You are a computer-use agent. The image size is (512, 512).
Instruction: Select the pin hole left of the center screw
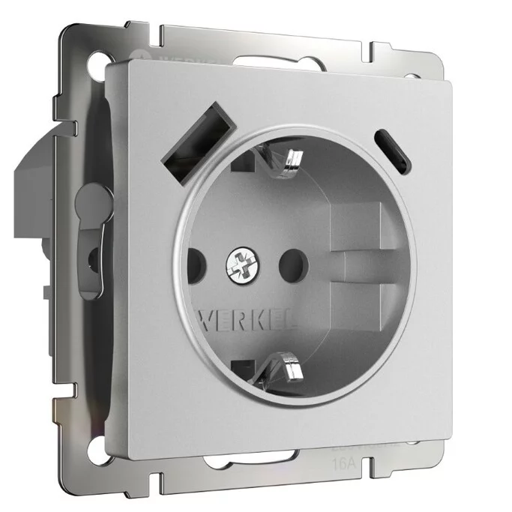(x=193, y=263)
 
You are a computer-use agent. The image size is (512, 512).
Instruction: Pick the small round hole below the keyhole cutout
(x=92, y=257)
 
